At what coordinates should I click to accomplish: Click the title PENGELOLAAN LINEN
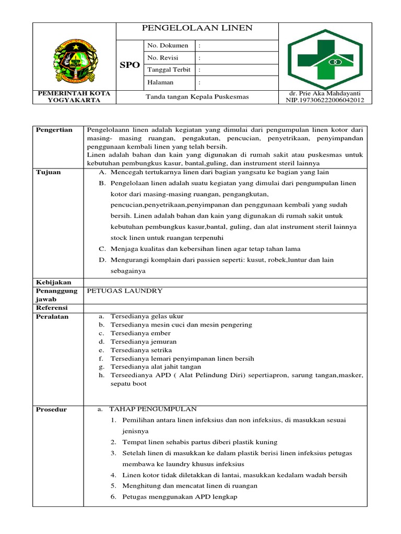(x=197, y=28)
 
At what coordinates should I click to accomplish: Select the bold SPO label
(x=129, y=65)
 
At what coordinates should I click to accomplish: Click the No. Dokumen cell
(x=168, y=46)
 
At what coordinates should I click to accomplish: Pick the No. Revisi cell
(x=163, y=58)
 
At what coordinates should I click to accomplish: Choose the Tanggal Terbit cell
(x=169, y=70)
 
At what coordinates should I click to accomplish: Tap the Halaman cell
(x=161, y=82)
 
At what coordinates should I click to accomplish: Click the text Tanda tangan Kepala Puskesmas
(x=197, y=97)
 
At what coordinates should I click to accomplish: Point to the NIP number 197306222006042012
(x=325, y=100)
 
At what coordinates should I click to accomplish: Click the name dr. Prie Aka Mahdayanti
(x=325, y=93)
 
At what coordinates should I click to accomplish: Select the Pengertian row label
(x=54, y=130)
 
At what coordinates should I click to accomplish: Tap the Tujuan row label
(x=48, y=172)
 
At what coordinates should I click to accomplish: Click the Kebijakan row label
(x=53, y=282)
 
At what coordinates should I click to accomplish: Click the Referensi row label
(x=52, y=308)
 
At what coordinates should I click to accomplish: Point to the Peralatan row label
(x=52, y=317)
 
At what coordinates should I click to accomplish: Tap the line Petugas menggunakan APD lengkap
(x=180, y=497)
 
